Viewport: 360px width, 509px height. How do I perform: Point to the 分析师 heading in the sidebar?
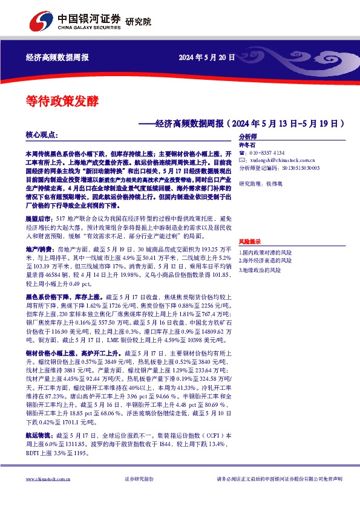pyautogui.click(x=248, y=137)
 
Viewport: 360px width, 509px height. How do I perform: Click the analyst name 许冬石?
pyautogui.click(x=248, y=145)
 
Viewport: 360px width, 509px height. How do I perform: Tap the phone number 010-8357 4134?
pyautogui.click(x=265, y=153)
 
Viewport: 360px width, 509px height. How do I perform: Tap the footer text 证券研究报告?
pyautogui.click(x=139, y=479)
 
